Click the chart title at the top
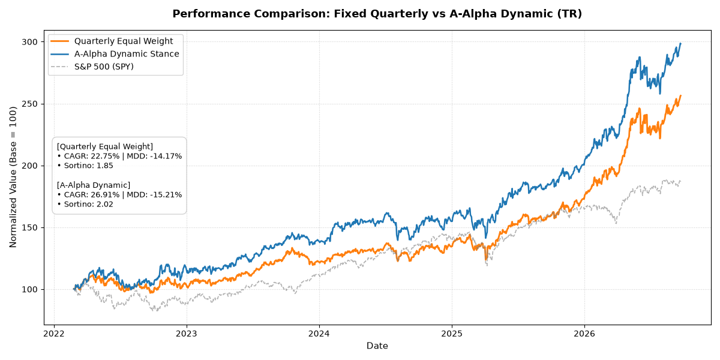pos(377,14)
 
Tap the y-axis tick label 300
pos(29,42)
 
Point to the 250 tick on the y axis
pos(29,104)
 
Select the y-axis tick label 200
pos(29,166)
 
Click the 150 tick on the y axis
pos(29,227)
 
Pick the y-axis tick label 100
pos(29,290)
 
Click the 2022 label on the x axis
pos(54,334)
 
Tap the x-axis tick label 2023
pos(187,334)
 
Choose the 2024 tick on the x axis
pos(319,334)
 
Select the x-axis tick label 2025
pos(452,334)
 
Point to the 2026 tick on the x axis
pos(584,334)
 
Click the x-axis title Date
pos(377,346)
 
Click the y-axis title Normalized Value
pos(13,177)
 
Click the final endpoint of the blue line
pos(681,43)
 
